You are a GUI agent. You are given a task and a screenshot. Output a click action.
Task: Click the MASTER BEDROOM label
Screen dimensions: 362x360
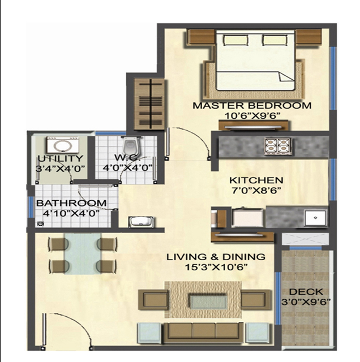[x=252, y=105]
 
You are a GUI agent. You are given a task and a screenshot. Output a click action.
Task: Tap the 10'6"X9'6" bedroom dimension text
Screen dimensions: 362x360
[x=252, y=116]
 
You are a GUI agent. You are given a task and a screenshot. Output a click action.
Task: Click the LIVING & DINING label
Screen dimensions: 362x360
[x=216, y=257]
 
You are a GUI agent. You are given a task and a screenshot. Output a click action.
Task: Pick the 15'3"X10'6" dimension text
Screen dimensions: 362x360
[x=216, y=267]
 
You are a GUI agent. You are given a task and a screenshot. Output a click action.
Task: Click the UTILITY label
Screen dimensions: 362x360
[x=60, y=158]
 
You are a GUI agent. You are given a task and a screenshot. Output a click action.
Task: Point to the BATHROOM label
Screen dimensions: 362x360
[x=71, y=203]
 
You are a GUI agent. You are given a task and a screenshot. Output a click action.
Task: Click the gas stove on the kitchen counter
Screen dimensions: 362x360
[x=277, y=145]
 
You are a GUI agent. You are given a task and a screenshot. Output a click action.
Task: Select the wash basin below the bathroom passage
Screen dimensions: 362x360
[x=138, y=221]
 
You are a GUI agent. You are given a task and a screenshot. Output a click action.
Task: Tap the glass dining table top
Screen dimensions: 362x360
[x=83, y=254]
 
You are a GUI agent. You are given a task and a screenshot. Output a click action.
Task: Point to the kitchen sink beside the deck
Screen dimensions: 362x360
[x=311, y=217]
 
